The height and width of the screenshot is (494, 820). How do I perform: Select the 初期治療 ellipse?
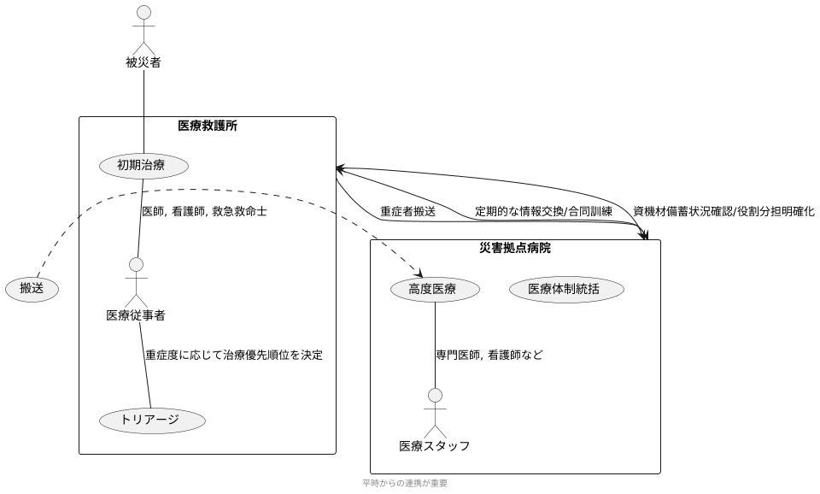point(144,166)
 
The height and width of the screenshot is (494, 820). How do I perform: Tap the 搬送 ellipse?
point(32,290)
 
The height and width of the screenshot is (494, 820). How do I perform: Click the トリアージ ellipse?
point(153,420)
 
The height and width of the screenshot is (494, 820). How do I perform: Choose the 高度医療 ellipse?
point(435,290)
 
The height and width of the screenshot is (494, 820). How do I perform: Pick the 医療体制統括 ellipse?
point(566,290)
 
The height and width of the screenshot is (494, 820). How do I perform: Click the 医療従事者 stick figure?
point(136,281)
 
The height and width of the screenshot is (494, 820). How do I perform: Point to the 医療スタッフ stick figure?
point(435,412)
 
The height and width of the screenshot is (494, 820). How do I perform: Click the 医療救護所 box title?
point(208,126)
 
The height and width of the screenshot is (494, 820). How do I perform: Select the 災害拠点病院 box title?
point(515,249)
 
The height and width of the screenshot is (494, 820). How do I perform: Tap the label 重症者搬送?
point(407,211)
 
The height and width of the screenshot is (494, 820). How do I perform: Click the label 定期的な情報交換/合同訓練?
point(544,211)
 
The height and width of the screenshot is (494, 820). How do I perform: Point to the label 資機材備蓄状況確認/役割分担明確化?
point(723,211)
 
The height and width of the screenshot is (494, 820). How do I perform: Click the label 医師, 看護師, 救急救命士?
point(204,211)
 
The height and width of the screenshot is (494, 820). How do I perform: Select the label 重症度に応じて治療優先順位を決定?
point(234,355)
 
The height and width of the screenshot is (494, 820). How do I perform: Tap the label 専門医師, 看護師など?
point(489,355)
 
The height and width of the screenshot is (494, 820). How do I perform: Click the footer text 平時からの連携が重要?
point(404,483)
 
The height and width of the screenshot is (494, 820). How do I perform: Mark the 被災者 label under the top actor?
point(143,62)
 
